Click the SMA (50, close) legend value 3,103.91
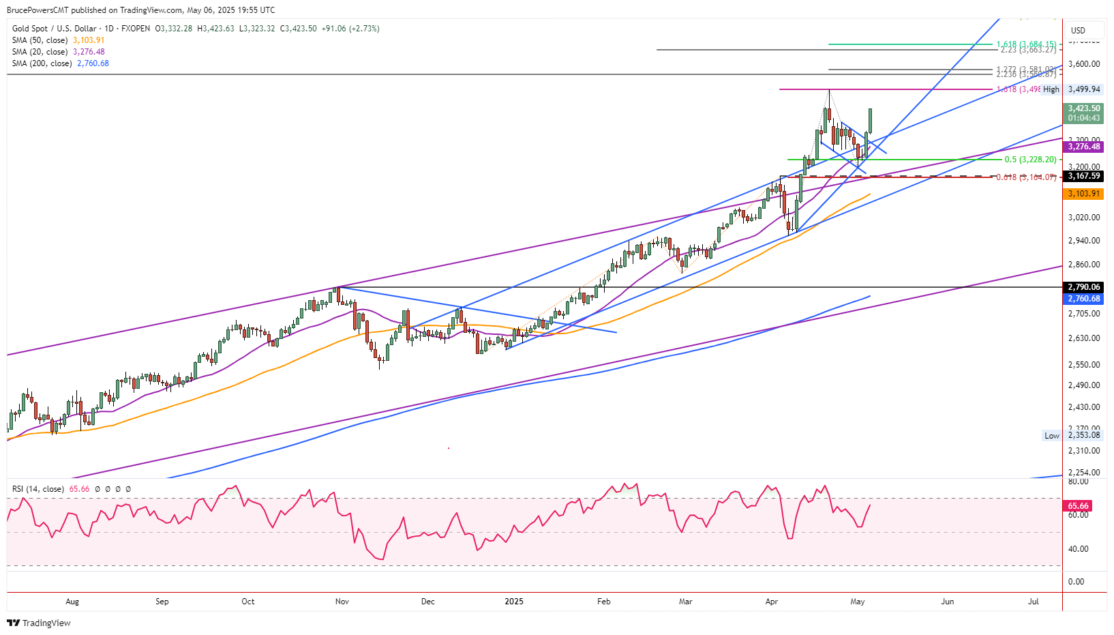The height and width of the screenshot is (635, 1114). click(89, 40)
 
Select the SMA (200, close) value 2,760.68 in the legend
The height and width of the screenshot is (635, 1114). click(93, 63)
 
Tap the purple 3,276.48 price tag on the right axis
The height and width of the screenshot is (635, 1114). click(1083, 147)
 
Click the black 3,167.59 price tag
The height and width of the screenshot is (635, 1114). click(1083, 176)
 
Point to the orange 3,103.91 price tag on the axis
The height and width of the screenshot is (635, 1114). click(1083, 194)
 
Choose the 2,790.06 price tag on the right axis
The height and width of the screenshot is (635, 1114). click(1083, 287)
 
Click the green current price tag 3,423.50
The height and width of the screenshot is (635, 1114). click(1083, 108)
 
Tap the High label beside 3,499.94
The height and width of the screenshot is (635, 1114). click(1051, 89)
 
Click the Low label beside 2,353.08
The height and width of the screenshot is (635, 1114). click(1052, 436)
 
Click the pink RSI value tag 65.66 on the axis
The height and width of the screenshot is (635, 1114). click(1078, 506)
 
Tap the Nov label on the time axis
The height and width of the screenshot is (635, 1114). click(342, 602)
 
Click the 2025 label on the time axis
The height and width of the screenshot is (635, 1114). click(514, 602)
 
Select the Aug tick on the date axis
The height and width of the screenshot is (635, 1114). click(72, 602)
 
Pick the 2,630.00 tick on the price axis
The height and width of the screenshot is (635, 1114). click(1084, 338)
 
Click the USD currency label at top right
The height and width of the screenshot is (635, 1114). click(1078, 30)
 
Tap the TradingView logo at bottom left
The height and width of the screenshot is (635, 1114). click(39, 623)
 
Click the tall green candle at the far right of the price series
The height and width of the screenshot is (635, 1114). click(871, 120)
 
